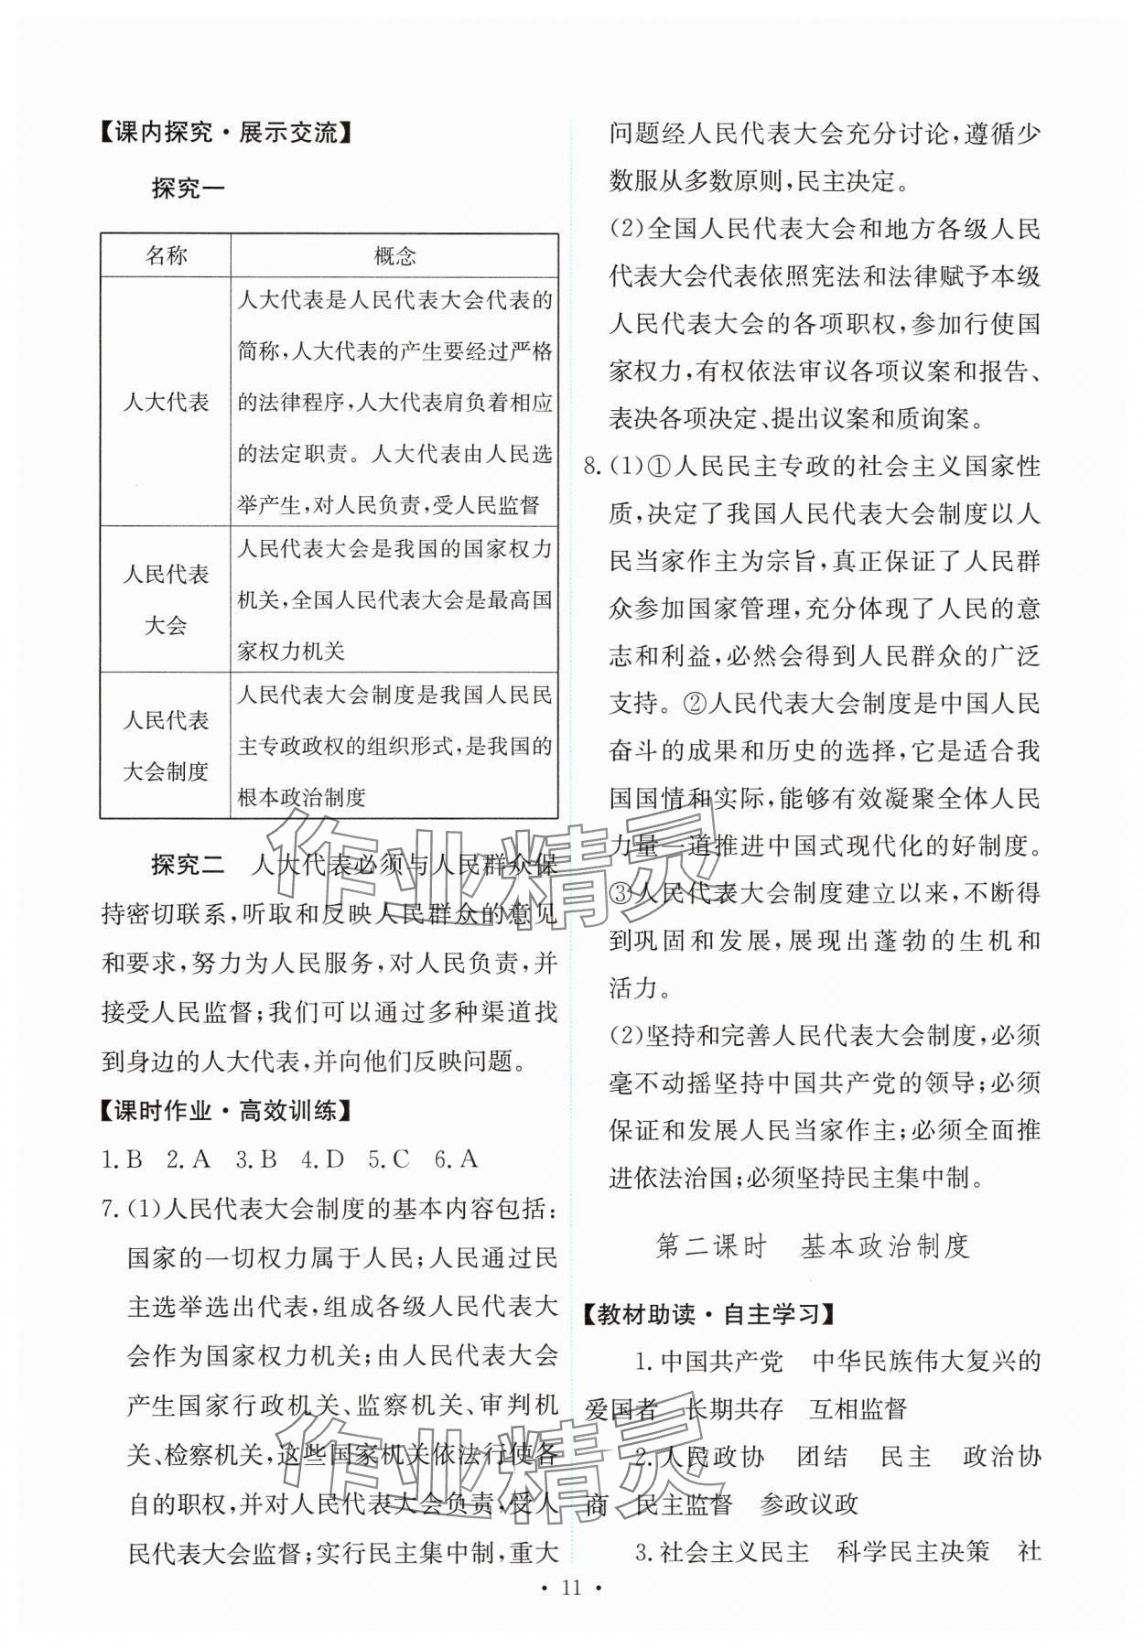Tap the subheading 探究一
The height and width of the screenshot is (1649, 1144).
pos(188,189)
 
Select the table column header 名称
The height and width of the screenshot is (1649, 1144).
pos(166,255)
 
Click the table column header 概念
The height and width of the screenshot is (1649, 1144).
pos(394,255)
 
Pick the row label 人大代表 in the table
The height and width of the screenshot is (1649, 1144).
pos(166,402)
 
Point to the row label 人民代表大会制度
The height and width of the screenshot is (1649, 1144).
pos(166,745)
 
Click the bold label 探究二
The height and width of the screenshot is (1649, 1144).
pos(188,865)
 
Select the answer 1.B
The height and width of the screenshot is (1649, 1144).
pos(122,1159)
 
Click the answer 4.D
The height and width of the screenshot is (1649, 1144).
pos(322,1159)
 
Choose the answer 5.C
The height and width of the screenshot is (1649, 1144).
pos(388,1159)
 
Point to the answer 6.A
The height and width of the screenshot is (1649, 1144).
pos(456,1159)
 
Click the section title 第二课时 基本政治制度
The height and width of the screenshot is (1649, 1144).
pos(812,1246)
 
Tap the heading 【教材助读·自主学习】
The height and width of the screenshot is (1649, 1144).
pos(710,1314)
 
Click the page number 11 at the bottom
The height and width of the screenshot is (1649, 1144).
pos(572,1613)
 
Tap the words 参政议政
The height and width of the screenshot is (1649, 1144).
pos(809,1503)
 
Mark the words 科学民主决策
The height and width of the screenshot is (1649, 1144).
pos(913,1551)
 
